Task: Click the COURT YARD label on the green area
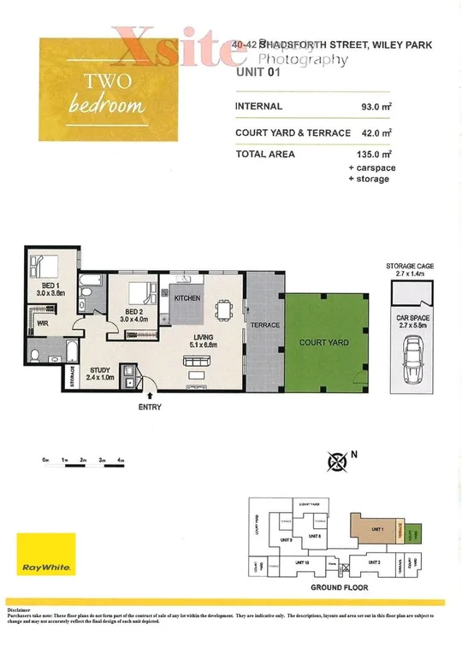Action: pos(323,343)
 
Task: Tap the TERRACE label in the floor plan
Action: pos(264,326)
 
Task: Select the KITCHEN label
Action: pos(187,299)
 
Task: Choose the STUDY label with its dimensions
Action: pos(101,374)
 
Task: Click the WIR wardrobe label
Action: pos(41,323)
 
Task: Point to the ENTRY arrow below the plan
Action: pos(151,396)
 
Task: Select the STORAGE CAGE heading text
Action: pos(409,267)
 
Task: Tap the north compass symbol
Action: pos(335,462)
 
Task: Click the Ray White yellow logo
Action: pos(46,554)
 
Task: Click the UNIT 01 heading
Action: pos(257,74)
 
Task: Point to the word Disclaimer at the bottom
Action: pos(23,608)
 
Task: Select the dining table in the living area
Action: pos(225,309)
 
